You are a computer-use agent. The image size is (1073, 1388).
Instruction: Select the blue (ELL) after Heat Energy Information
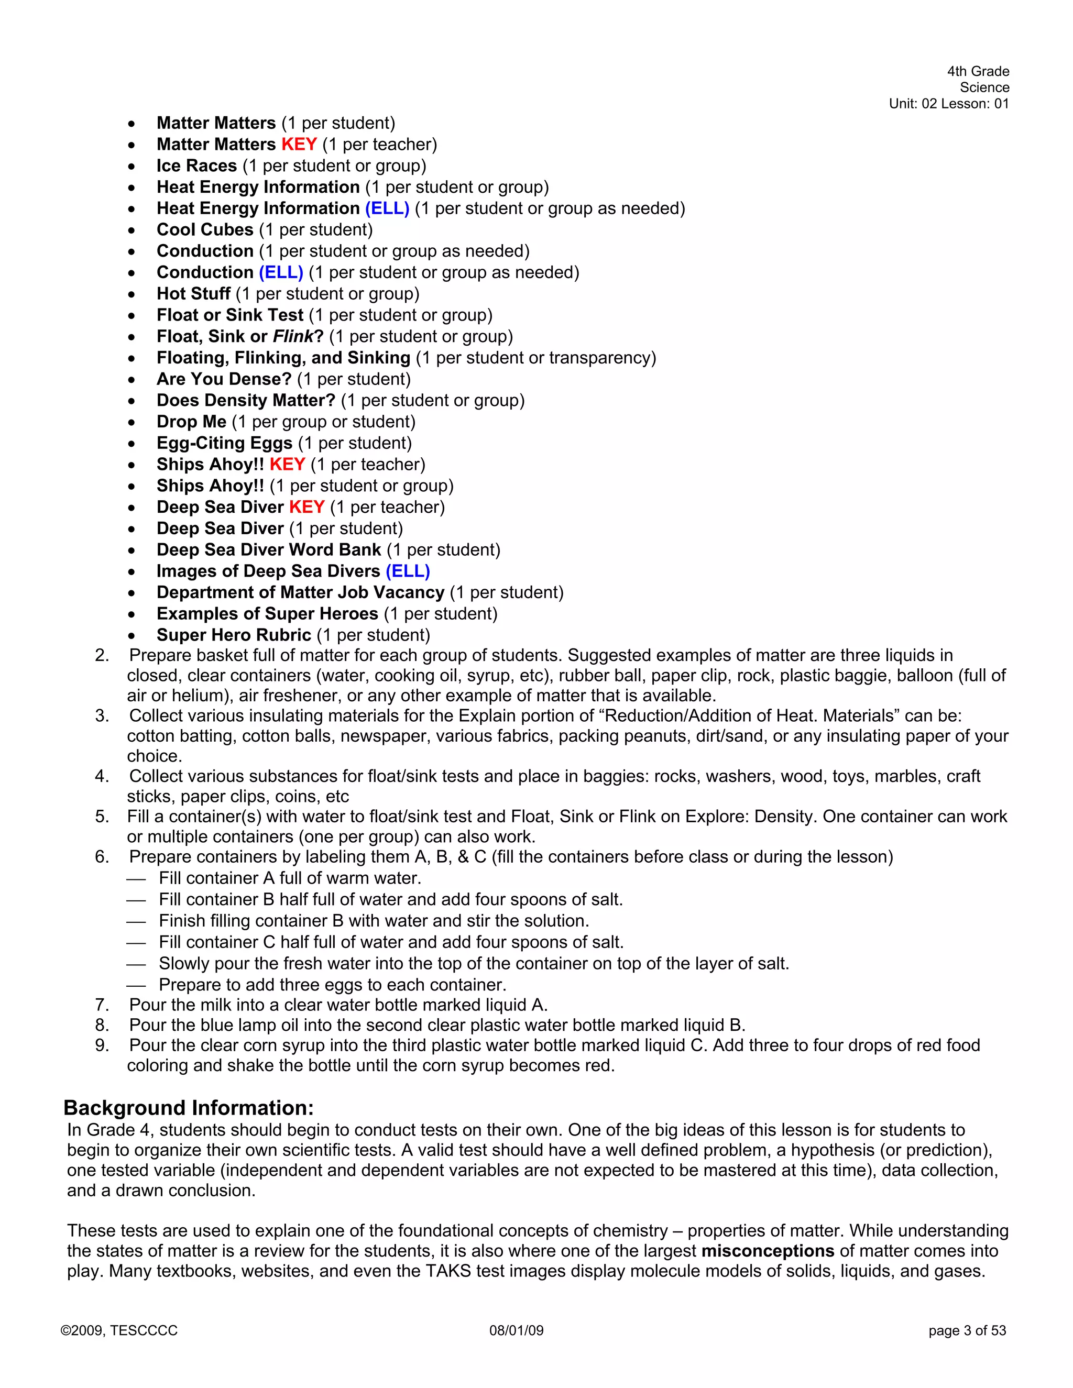[x=387, y=208]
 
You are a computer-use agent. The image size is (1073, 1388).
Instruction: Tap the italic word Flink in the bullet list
[x=293, y=336]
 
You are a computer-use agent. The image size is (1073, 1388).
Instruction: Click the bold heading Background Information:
[x=188, y=1108]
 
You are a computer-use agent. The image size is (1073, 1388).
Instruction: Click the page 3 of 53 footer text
[x=967, y=1331]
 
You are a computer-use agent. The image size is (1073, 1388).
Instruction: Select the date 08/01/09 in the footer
[x=516, y=1331]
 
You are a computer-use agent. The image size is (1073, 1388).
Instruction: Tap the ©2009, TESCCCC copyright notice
[x=119, y=1331]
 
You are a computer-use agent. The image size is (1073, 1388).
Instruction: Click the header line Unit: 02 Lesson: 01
[x=948, y=104]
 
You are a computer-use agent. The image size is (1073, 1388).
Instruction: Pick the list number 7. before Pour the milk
[x=102, y=1005]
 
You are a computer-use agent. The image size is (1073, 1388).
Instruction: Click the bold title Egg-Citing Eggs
[x=224, y=443]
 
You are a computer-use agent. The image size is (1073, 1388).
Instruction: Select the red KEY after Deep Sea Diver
[x=307, y=507]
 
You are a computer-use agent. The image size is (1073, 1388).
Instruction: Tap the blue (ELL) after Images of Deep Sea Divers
[x=408, y=571]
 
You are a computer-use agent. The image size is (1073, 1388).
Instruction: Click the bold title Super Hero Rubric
[x=234, y=635]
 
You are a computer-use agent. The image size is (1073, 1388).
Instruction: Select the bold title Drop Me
[x=191, y=422]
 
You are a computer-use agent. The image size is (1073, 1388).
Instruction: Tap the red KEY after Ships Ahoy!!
[x=287, y=465]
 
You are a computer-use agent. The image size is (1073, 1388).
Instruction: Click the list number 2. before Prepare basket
[x=102, y=655]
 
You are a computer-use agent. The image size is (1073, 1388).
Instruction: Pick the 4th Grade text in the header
[x=978, y=71]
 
